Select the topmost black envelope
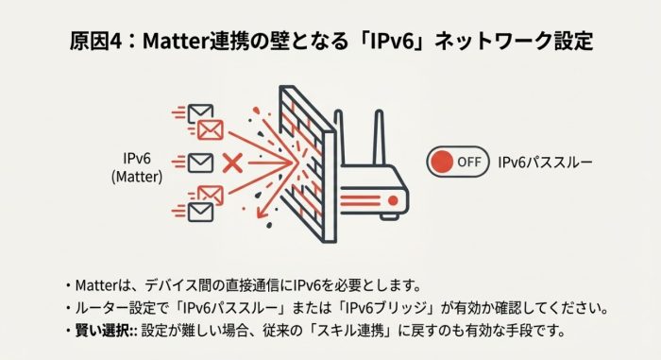(200, 114)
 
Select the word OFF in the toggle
(469, 162)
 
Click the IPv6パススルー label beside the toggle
(545, 162)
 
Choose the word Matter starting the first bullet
(96, 284)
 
